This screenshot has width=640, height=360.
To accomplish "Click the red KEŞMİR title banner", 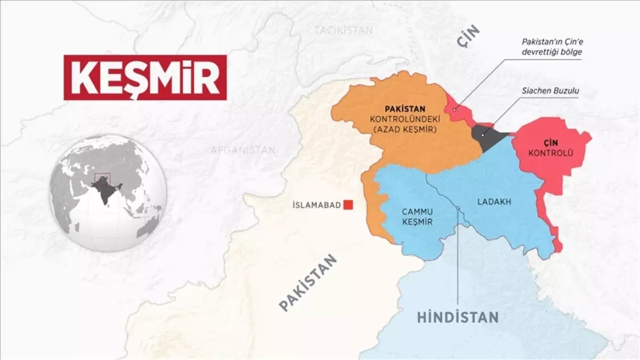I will pos(145,77).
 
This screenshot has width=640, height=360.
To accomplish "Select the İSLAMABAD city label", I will pos(317,205).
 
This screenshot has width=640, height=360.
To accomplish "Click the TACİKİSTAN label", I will pos(343,30).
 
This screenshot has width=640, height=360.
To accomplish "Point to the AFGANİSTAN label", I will pos(243,150).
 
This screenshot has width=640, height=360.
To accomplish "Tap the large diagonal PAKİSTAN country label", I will pos(309,283).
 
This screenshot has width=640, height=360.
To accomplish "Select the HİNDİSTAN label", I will pos(458,317).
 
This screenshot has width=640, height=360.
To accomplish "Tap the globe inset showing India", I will pos(108,193).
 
